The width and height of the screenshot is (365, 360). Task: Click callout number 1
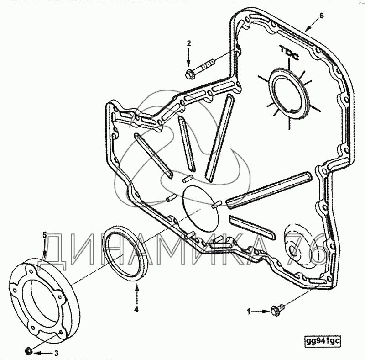[249, 312]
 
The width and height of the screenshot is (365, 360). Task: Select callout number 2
[188, 43]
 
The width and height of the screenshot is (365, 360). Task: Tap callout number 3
[56, 353]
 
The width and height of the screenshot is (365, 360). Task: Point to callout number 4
[136, 309]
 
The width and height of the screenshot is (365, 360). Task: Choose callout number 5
[44, 235]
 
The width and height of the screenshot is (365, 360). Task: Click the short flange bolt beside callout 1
[276, 309]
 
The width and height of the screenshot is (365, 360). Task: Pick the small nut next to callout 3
[28, 351]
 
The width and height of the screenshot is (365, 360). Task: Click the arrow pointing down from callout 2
[188, 58]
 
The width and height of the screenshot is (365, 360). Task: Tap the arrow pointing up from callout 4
[136, 292]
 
